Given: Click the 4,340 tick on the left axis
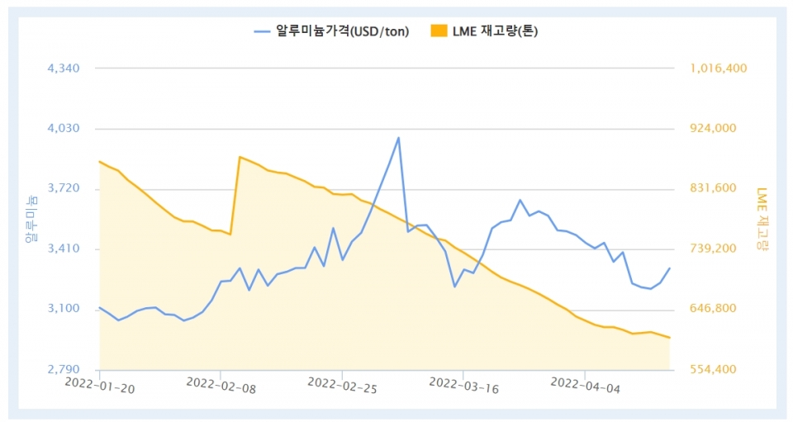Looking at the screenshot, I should point(64,69).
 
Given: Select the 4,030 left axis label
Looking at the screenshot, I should point(64,129).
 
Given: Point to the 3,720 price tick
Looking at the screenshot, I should point(64,189).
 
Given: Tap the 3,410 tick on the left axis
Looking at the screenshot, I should point(64,249).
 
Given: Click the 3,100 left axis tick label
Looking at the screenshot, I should point(64,309).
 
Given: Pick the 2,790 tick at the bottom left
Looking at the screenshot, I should point(64,369).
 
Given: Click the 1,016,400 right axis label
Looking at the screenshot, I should point(717,69).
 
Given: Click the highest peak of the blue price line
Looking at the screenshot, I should point(398,138).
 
